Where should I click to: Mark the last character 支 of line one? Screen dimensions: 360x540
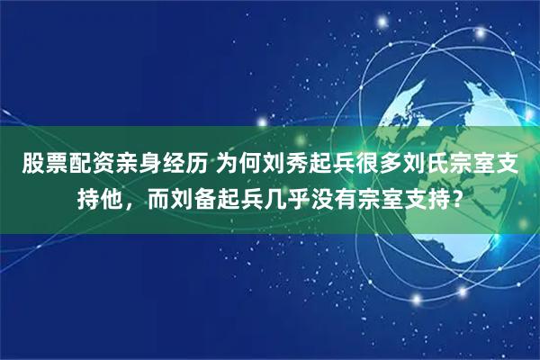pyautogui.click(x=508, y=164)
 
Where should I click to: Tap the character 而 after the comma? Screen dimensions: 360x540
pyautogui.click(x=159, y=195)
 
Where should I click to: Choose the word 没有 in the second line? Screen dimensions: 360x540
pyautogui.click(x=336, y=195)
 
